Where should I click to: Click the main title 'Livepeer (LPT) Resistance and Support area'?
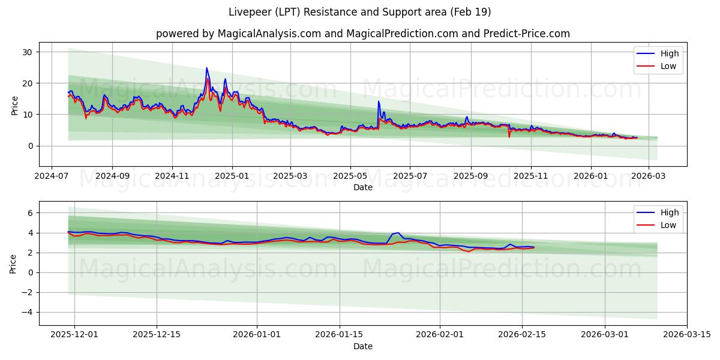pos(359,12)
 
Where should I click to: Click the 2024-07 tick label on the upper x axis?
pos(51,176)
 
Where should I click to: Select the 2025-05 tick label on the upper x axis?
pos(350,176)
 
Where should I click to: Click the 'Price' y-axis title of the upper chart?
pos(14,104)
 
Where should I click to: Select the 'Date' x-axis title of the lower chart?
pos(362,346)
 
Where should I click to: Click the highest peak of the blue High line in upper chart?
pos(206,68)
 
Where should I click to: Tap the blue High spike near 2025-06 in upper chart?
pos(379,101)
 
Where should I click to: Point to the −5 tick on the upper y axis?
pos(28,161)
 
